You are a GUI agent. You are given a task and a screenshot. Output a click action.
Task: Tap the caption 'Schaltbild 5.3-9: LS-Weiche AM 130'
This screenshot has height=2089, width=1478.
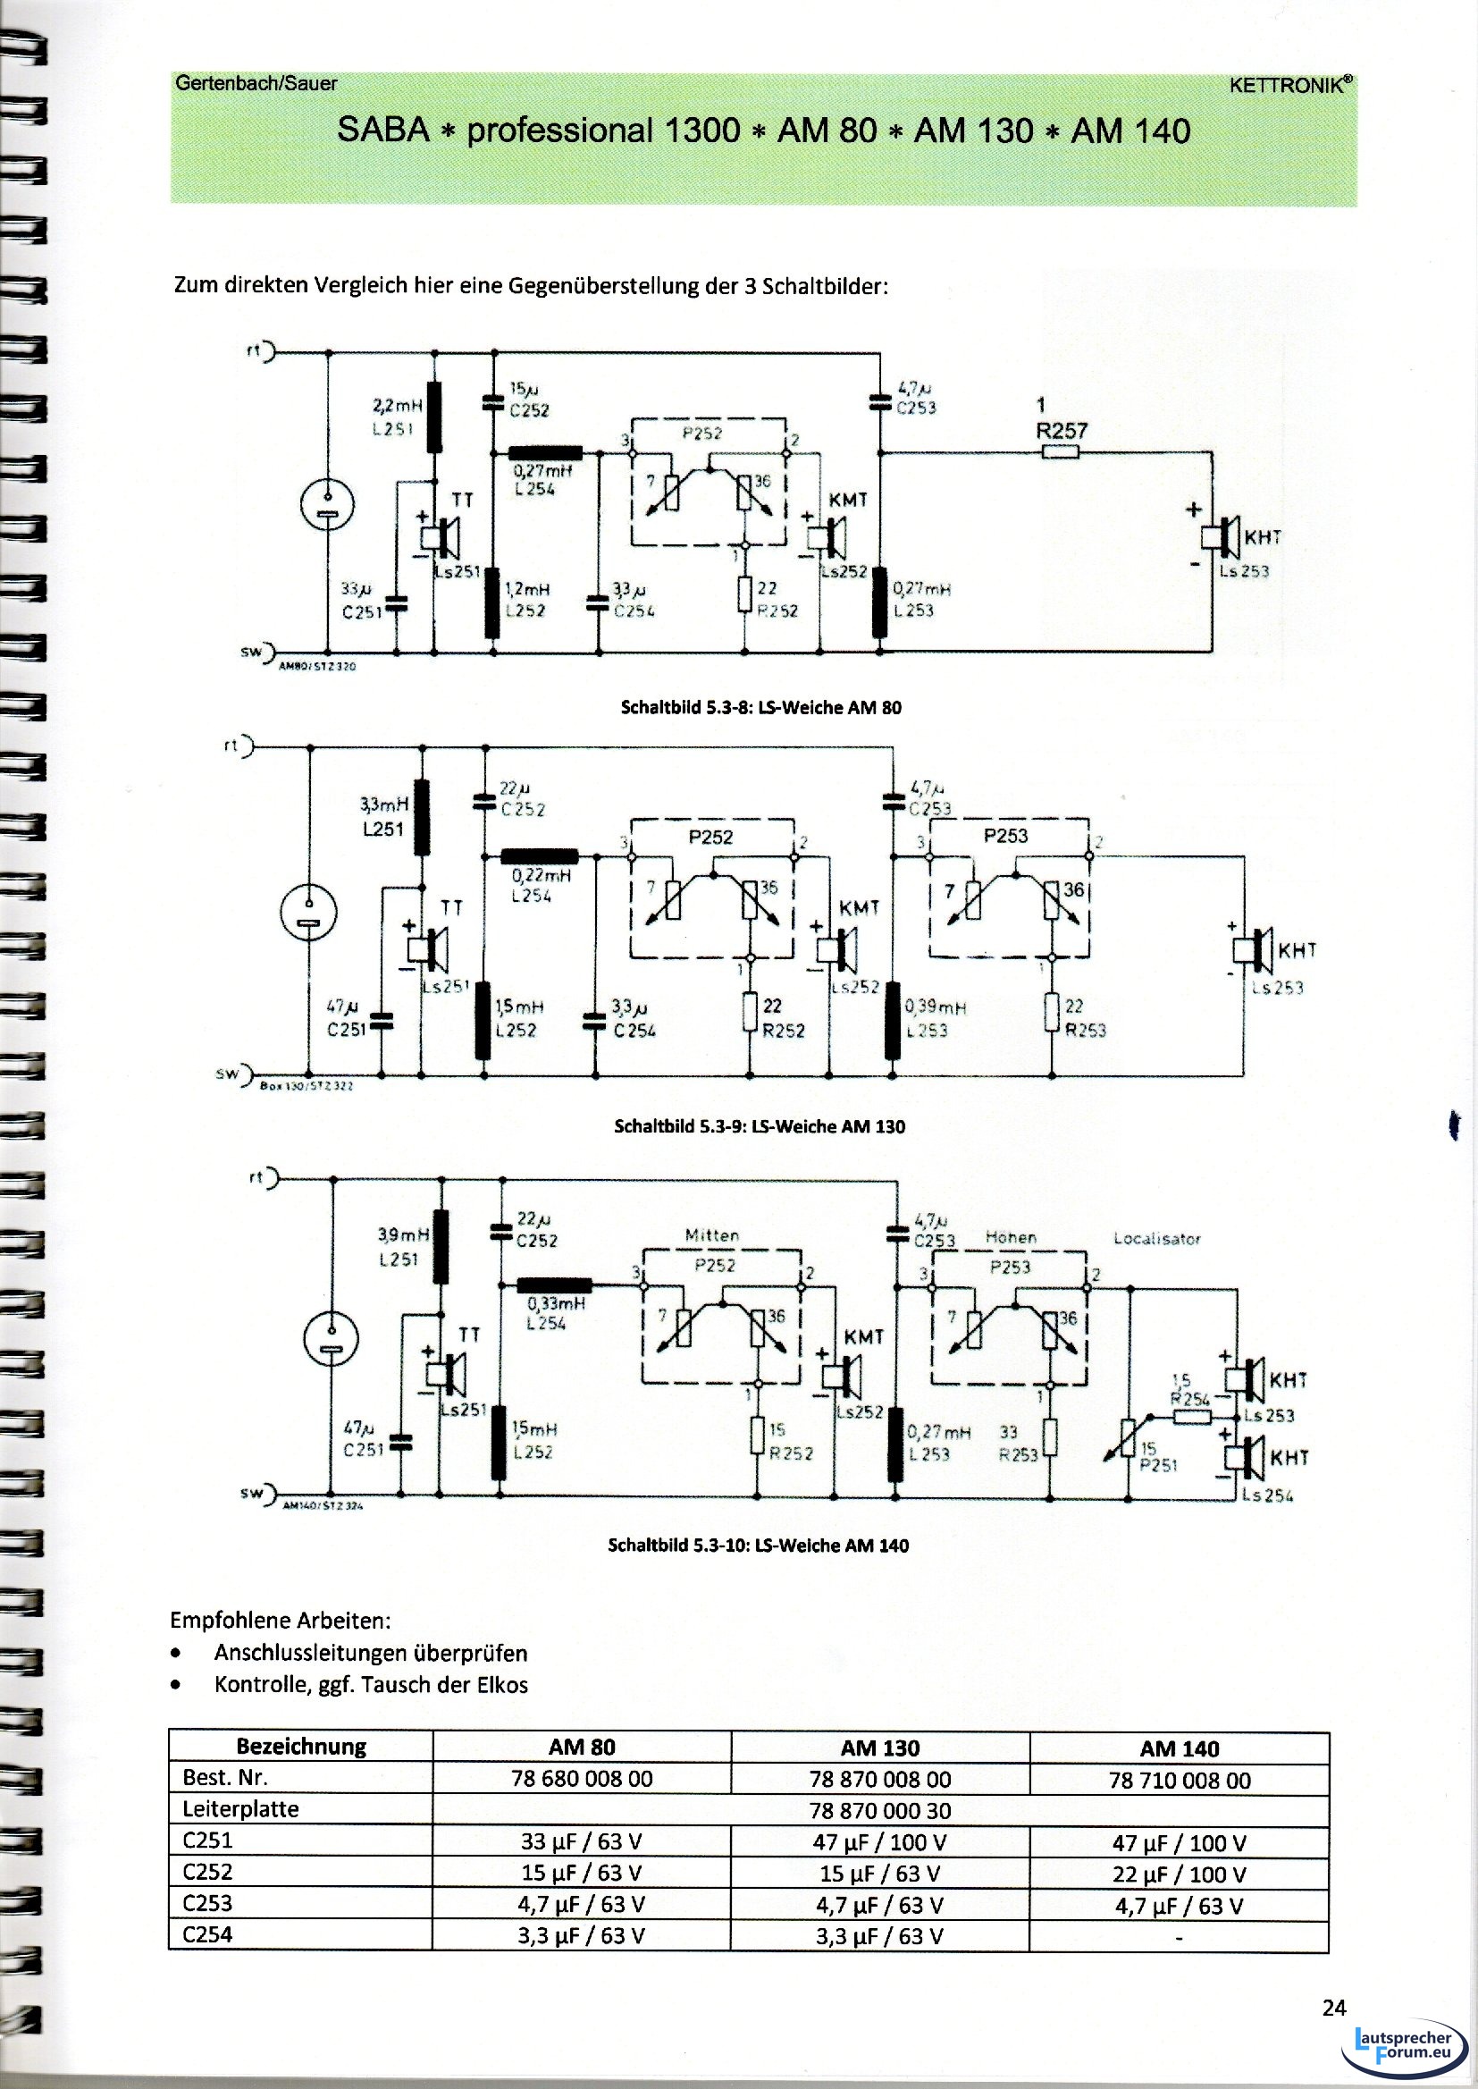(x=760, y=1126)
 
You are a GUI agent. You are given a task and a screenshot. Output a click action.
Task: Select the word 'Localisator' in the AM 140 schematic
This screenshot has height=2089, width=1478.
(x=1156, y=1239)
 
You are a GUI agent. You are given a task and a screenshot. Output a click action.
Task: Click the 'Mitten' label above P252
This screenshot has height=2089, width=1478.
(x=710, y=1235)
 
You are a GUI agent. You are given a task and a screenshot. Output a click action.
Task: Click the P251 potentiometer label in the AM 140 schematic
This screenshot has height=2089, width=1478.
(x=1153, y=1465)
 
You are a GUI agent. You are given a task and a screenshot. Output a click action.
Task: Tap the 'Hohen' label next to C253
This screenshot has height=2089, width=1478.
(x=1011, y=1238)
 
